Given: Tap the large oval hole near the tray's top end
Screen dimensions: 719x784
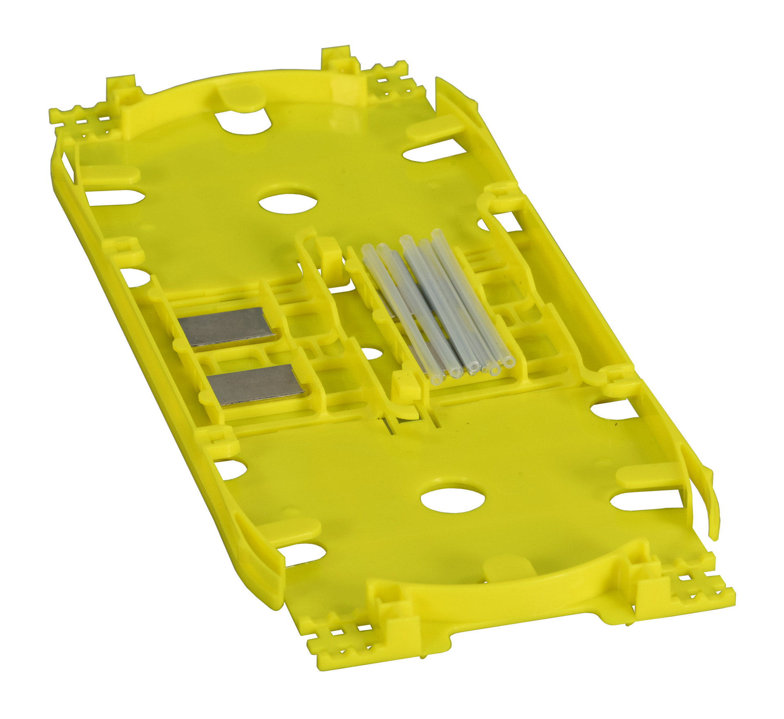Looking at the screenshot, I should pos(289,202).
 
